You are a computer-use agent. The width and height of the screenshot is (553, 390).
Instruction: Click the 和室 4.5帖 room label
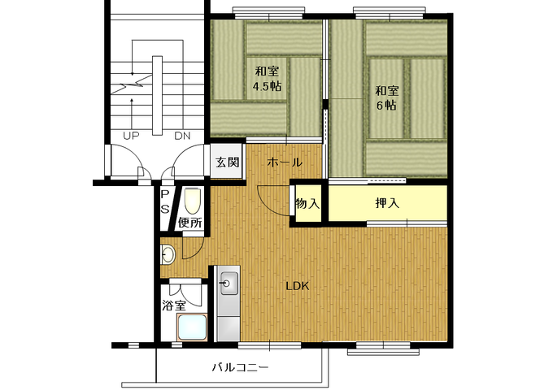click(268, 79)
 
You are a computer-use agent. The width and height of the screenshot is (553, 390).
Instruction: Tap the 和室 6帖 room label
click(386, 97)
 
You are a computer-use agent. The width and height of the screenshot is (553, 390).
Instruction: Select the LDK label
click(298, 286)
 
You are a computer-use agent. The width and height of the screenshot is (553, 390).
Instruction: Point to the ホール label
click(285, 162)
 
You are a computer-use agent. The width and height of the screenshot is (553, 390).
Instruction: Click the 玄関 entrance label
click(228, 162)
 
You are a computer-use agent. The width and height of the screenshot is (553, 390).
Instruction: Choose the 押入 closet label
click(387, 203)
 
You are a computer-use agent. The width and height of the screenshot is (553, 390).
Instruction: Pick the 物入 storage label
click(307, 203)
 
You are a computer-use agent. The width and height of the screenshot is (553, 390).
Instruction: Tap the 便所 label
click(190, 223)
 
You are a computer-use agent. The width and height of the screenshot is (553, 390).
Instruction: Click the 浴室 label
click(174, 305)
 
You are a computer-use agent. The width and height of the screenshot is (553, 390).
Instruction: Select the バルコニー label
click(240, 367)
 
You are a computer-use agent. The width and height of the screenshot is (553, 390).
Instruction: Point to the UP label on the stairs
click(131, 136)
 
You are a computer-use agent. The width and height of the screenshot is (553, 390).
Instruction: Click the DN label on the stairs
click(182, 136)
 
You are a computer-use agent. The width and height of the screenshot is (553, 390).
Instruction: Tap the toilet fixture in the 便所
click(193, 201)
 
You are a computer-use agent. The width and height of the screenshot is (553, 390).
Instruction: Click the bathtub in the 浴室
click(192, 327)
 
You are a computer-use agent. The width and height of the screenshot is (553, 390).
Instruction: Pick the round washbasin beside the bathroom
click(168, 254)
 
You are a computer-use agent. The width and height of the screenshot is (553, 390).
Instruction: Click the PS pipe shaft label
click(165, 201)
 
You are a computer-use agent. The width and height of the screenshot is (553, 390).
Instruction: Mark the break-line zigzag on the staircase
click(132, 84)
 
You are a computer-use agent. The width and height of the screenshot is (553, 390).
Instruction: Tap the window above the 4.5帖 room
click(269, 13)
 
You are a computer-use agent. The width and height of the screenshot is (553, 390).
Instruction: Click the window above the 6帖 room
click(390, 13)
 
